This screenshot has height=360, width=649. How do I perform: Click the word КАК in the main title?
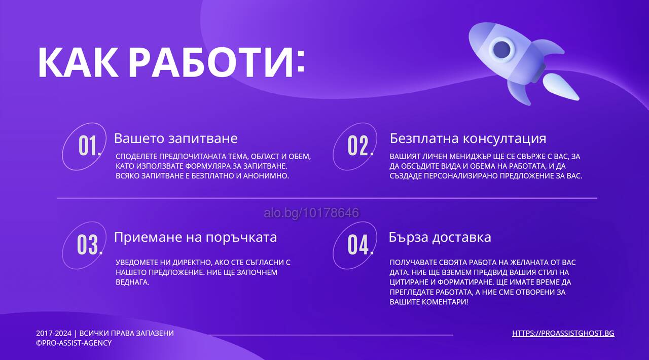[x=78, y=62]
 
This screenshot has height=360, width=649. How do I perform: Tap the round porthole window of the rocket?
[x=501, y=49]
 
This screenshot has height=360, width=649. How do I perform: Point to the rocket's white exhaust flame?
[x=560, y=86]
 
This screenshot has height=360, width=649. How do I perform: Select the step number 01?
[x=90, y=146]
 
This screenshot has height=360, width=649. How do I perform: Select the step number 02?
[x=360, y=146]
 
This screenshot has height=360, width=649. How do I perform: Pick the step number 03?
[x=90, y=245]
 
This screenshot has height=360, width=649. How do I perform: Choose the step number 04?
[x=360, y=245]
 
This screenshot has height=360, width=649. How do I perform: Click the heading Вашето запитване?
[x=175, y=138]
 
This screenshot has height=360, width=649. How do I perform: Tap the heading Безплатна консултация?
[x=468, y=138]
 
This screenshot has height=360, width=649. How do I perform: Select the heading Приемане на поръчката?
[x=195, y=238]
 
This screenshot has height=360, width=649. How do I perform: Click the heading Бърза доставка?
[x=440, y=237]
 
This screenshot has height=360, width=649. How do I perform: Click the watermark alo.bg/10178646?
[x=311, y=213]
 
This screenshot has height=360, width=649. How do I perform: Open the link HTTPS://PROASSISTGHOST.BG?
[x=563, y=333]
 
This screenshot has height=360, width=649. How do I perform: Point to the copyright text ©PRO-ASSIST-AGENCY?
[x=74, y=343]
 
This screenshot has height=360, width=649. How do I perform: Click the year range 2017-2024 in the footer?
[x=54, y=333]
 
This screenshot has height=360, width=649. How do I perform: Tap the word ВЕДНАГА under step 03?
[x=132, y=282]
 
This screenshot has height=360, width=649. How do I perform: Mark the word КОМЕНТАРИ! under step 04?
[x=445, y=302]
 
